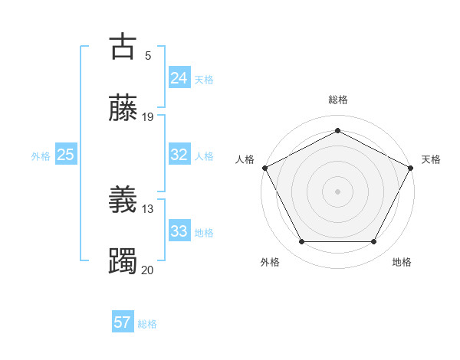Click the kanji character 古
(x=123, y=47)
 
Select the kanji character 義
(x=123, y=201)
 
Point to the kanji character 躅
(x=123, y=261)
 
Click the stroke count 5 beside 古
(x=148, y=55)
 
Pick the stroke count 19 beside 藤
(x=148, y=116)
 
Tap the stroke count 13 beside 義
(x=148, y=208)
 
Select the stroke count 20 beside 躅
(x=148, y=270)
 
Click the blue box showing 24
(x=179, y=77)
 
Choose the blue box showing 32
(x=179, y=155)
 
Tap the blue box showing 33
(x=179, y=231)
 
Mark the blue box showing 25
(x=65, y=155)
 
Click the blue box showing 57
(x=122, y=322)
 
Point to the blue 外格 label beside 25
(x=41, y=155)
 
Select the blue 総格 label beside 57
(x=147, y=324)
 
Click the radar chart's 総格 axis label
(x=337, y=100)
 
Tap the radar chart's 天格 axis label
(x=431, y=159)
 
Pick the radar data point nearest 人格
(x=264, y=167)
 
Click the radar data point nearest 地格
(x=373, y=242)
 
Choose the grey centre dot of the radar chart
(x=337, y=191)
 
